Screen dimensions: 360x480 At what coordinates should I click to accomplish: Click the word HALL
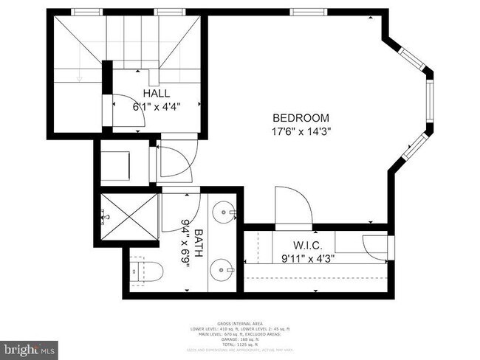click(157, 94)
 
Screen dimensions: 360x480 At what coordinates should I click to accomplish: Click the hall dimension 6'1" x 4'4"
click(157, 106)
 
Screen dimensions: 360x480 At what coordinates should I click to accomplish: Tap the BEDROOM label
click(301, 118)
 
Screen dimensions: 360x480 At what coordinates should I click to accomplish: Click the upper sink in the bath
click(222, 215)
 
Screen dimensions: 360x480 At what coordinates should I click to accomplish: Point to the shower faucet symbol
click(103, 216)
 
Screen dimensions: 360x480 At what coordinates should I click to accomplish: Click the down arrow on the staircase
click(78, 76)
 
